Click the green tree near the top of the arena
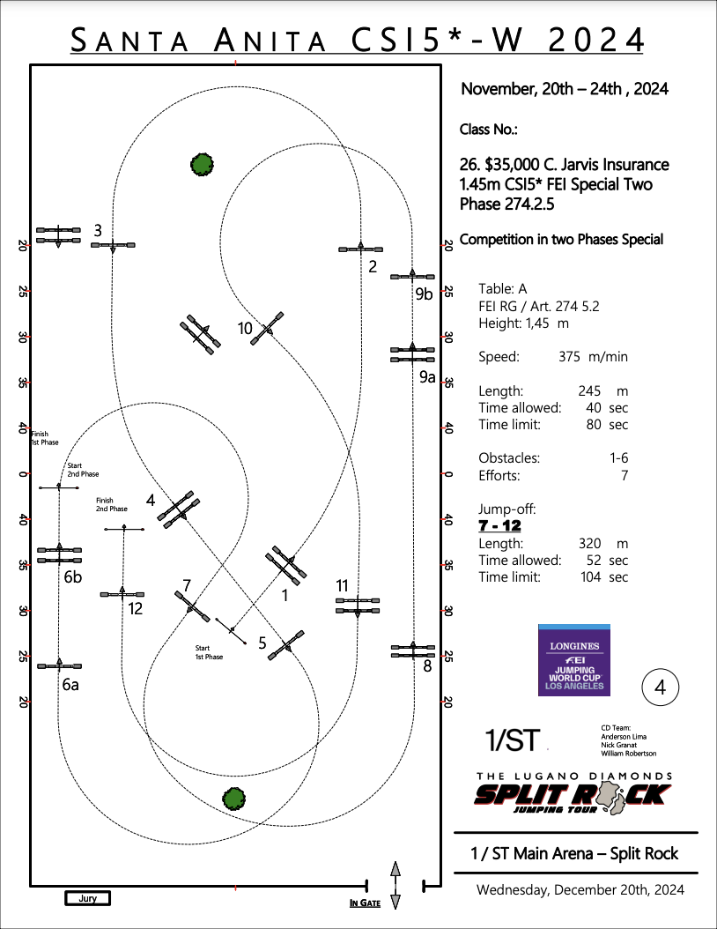coord(202,163)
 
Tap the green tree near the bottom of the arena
coord(233,799)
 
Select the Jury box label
coord(88,898)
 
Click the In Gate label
coord(365,903)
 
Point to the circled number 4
coord(660,687)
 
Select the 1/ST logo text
coord(513,740)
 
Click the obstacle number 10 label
coord(246,329)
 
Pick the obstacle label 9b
coord(425,294)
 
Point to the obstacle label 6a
coord(70,684)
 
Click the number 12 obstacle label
coord(135,608)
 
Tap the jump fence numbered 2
coord(361,249)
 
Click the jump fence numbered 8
coord(414,651)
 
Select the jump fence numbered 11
coord(358,605)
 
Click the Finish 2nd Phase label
coord(112,504)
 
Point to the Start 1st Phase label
coord(209,652)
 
